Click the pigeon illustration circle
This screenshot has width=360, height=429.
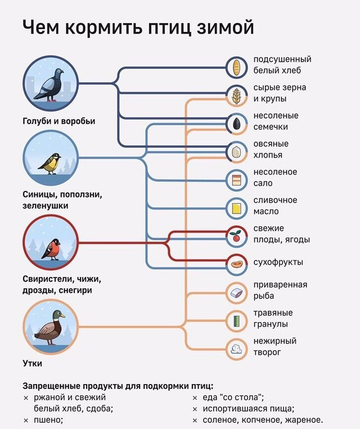pyautogui.click(x=51, y=83)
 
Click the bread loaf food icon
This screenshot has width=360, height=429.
pyautogui.click(x=237, y=67)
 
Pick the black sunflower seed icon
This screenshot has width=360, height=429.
pyautogui.click(x=237, y=123)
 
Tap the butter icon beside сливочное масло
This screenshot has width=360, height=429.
pyautogui.click(x=237, y=208)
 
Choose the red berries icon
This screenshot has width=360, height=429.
pyautogui.click(x=237, y=236)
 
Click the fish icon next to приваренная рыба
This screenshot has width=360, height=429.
pyautogui.click(x=237, y=292)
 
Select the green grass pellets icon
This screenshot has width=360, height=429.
pyautogui.click(x=237, y=321)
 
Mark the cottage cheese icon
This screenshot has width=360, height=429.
pyautogui.click(x=237, y=348)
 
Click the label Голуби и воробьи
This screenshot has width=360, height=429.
pyautogui.click(x=59, y=121)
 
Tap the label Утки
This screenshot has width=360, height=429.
pyautogui.click(x=33, y=363)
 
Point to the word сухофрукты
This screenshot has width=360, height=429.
pyautogui.click(x=278, y=262)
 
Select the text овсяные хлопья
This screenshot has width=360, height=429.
pyautogui.click(x=271, y=149)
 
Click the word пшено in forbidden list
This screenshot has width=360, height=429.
pyautogui.click(x=48, y=419)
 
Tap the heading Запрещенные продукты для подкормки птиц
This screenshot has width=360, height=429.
pyautogui.click(x=118, y=386)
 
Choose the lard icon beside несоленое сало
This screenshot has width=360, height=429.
pyautogui.click(x=237, y=180)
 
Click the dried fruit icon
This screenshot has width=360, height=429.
pyautogui.click(x=237, y=263)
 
